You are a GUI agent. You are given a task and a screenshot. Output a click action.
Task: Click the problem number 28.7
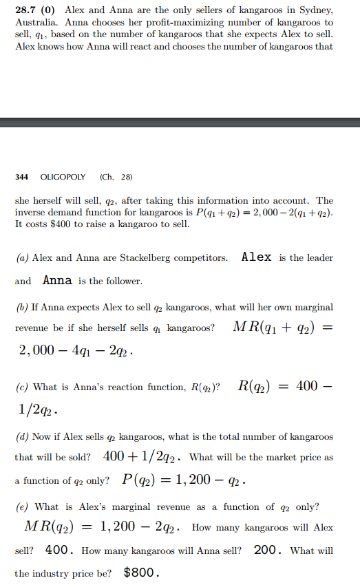click(25, 10)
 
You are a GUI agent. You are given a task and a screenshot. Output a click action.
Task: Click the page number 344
click(21, 176)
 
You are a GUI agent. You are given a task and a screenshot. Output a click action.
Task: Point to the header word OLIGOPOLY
click(63, 176)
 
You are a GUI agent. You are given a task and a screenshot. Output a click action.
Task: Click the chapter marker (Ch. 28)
click(116, 176)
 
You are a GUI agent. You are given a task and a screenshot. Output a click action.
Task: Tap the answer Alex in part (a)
click(256, 257)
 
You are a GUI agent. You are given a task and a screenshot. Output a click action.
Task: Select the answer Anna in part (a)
click(58, 281)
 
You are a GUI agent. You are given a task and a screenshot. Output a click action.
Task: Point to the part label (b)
click(21, 307)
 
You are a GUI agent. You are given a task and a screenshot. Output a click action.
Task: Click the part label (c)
click(21, 387)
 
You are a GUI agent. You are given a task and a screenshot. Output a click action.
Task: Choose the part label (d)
click(21, 437)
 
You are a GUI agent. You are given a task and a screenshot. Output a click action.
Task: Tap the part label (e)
click(21, 507)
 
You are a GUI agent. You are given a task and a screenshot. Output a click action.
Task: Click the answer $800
click(141, 573)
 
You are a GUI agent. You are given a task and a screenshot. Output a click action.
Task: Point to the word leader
click(319, 258)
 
